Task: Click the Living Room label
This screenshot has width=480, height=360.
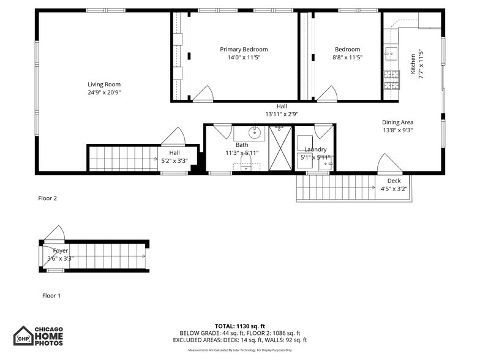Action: [x=103, y=84]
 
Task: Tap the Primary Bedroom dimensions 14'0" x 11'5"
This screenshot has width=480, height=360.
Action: [x=244, y=58]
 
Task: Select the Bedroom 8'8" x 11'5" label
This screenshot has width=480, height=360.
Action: [x=347, y=53]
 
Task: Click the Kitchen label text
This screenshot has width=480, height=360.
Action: [x=413, y=64]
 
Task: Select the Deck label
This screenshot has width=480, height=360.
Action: [x=394, y=181]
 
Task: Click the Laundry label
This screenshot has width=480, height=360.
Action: [x=315, y=149]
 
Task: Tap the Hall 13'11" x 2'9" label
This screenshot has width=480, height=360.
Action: [x=282, y=110]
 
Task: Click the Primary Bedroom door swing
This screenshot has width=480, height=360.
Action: [x=203, y=94]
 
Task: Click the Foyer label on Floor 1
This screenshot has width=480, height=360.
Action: [x=61, y=251]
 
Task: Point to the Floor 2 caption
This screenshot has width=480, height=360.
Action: [x=47, y=198]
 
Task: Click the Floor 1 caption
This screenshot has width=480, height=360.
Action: [x=51, y=296]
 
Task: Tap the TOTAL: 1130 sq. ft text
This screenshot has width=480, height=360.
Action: [x=240, y=326]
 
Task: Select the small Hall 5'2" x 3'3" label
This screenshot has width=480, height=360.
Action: [x=174, y=157]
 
